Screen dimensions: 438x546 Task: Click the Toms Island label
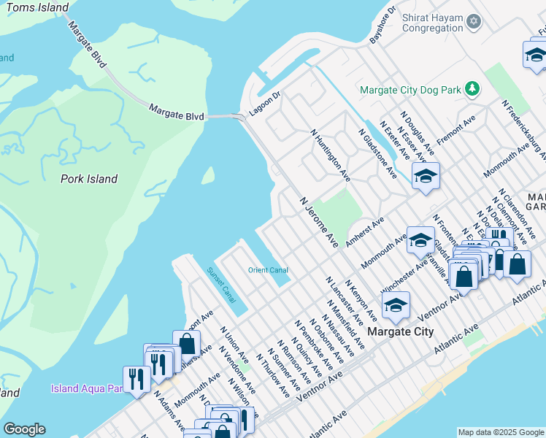coord(37,8)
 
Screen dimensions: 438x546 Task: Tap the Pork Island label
coord(89,179)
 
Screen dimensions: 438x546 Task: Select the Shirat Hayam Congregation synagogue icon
coord(474,21)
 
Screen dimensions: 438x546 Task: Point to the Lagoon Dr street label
coord(267,104)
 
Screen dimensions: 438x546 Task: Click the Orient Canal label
coord(268,270)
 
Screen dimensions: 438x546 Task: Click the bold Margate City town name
coord(400,331)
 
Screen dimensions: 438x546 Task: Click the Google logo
coord(23,429)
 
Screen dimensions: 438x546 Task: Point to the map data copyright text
coord(501,432)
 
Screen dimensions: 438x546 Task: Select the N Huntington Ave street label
coord(330,156)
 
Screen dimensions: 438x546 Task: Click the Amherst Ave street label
coord(365,233)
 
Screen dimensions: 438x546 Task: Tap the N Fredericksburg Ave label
coord(524,127)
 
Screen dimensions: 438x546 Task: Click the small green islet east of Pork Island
coord(208,175)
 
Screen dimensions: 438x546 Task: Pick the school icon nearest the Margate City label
coord(396,305)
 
